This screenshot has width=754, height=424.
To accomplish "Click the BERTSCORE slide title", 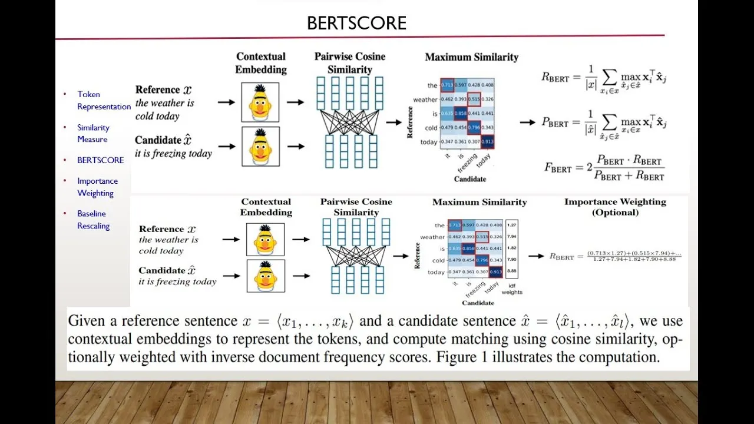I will pos(356,24).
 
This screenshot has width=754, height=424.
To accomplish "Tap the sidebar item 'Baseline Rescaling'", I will pos(94,220).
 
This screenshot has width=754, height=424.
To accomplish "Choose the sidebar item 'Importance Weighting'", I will pos(97,187).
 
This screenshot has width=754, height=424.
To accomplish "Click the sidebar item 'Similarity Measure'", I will pos(93,133).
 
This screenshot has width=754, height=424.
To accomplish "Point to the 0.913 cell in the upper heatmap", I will pos(487,142).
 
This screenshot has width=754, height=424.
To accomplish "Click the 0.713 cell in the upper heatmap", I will pos(447,85).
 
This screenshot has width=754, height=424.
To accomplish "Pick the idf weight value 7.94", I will pos(511,237).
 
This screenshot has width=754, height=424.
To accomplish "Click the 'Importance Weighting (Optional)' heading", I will pos(615,207).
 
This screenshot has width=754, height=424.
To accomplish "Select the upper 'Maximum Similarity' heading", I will pos(471,57).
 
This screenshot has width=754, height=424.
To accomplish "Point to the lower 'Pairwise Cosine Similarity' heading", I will pos(356,207).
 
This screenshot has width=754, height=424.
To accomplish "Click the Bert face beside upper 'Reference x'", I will pos(260,102).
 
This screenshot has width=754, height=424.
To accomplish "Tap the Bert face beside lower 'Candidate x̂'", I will pos(266,276).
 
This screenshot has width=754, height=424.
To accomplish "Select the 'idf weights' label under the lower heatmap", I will pos(512,289).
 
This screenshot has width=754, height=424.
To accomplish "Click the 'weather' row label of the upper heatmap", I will pos(425,100).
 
